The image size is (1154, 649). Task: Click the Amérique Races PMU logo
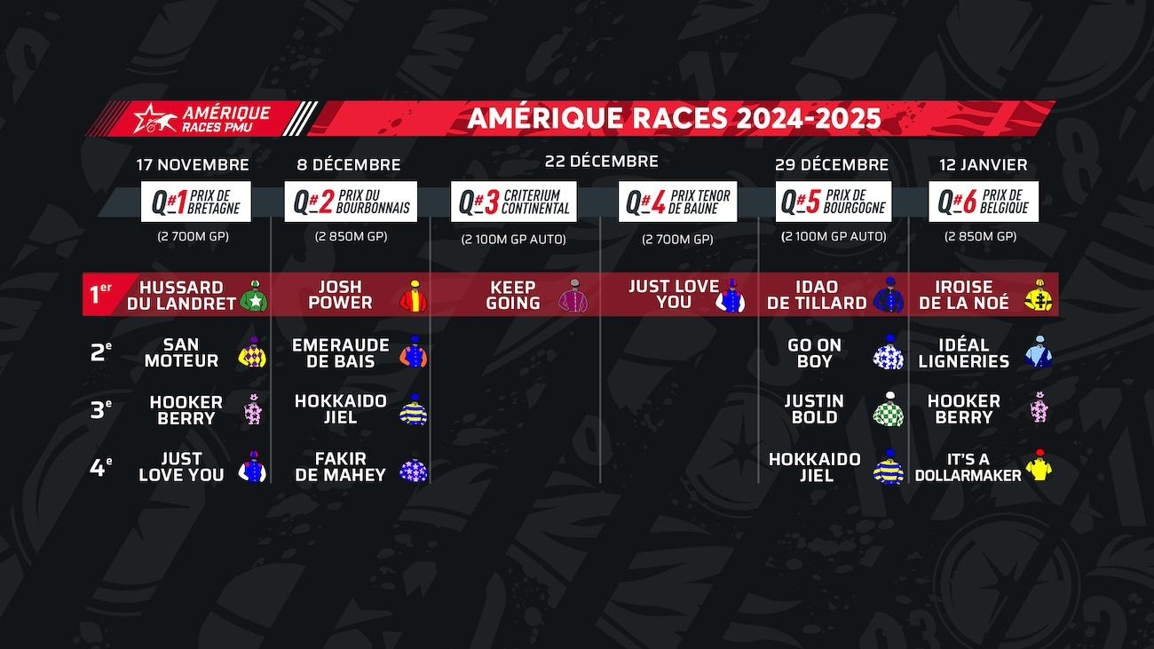pos(202,118)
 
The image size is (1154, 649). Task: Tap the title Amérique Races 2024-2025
pos(674,118)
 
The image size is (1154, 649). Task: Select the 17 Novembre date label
pos(193,165)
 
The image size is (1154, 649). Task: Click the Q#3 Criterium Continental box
pos(514,202)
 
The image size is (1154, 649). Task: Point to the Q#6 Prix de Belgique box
pos(984,202)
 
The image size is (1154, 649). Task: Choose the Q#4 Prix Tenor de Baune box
pos(677,202)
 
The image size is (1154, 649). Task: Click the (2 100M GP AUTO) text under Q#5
pos(834,236)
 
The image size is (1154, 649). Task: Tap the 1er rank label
pos(100,294)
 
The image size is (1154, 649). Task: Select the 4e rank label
pos(100,468)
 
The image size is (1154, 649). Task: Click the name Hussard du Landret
pos(181,295)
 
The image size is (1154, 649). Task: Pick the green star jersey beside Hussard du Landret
pos(254,296)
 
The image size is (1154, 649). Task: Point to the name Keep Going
pos(513,295)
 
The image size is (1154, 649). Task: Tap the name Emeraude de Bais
pos(341,352)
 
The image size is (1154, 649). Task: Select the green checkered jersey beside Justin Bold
pos(889,409)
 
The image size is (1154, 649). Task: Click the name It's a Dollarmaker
pos(968,467)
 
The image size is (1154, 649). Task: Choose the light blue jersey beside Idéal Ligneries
pos(1038,352)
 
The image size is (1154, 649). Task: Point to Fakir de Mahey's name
pos(341,467)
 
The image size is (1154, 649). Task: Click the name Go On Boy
pos(815,352)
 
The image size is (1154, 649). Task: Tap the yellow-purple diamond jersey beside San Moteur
pos(252,352)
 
